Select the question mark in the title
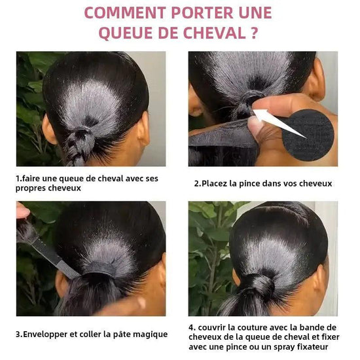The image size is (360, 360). pyautogui.click(x=254, y=33)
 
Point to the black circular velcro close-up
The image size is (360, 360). pyautogui.click(x=308, y=133)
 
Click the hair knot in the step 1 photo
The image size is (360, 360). pyautogui.click(x=82, y=137)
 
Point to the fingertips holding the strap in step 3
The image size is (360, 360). pyautogui.click(x=22, y=211)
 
